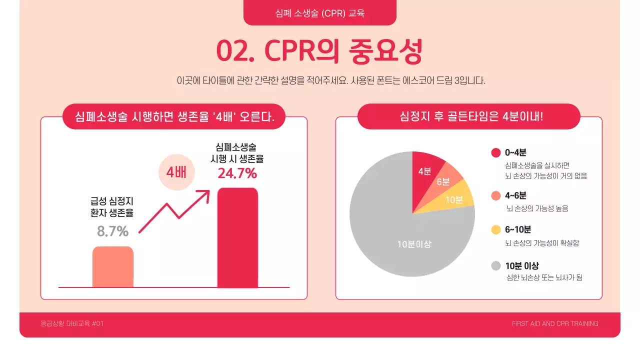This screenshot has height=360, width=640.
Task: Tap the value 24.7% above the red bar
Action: click(237, 173)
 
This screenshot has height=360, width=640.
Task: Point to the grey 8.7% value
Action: click(112, 231)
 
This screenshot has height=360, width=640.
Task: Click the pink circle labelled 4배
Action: click(176, 172)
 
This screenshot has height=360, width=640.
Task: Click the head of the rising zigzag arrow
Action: click(205, 193)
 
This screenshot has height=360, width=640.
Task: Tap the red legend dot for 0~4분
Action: click(496, 153)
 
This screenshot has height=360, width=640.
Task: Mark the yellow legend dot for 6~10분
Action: click(496, 230)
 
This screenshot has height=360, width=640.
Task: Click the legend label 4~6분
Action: click(515, 195)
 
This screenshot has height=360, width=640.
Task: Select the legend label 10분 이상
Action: click(522, 266)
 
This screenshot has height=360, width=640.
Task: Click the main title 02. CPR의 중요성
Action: click(319, 51)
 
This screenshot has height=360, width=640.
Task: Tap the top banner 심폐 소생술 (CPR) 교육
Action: click(319, 13)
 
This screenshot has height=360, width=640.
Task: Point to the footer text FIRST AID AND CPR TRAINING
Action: click(555, 323)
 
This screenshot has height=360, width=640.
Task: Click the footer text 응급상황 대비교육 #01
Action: click(72, 323)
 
